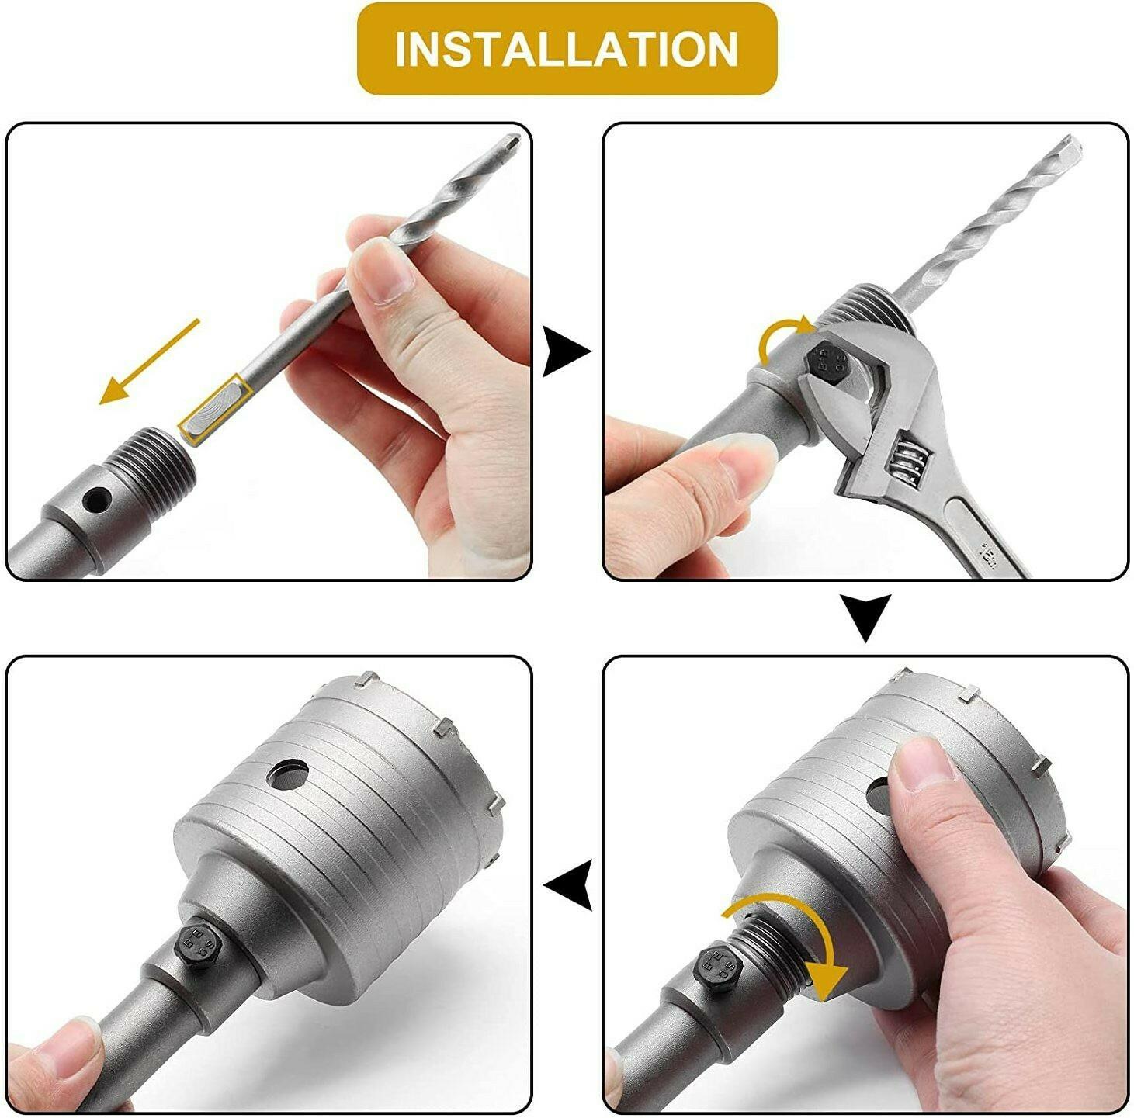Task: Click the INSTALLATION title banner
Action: (x=567, y=48)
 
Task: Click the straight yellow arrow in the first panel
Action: (x=150, y=362)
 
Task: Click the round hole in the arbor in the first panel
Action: (x=97, y=500)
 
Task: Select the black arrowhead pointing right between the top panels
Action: (x=566, y=352)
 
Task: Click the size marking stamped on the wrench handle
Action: (x=987, y=552)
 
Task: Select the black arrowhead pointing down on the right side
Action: (x=865, y=618)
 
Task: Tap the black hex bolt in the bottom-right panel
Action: (x=718, y=968)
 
